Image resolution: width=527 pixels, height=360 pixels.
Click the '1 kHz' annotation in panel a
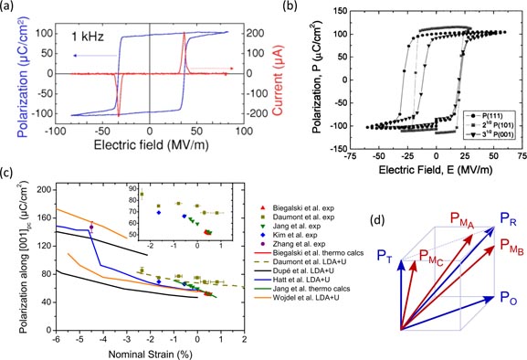89,37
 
